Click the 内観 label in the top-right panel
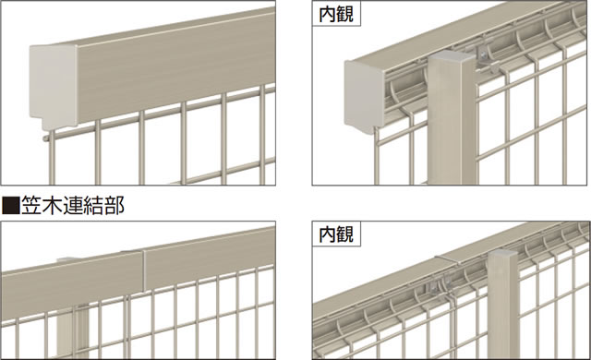tap(336, 15)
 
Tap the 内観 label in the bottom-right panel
tap(336, 234)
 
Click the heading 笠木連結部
tap(73, 206)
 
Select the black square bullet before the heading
tap(10, 206)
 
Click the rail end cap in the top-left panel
tap(54, 86)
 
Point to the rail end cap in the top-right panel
tap(365, 97)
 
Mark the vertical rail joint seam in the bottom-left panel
tap(144, 270)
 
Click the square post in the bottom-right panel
tap(503, 305)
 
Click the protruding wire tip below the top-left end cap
tap(46, 138)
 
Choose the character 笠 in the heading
tap(31, 206)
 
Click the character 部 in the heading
tap(115, 206)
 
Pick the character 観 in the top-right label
tap(345, 15)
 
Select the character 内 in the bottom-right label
tap(328, 234)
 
